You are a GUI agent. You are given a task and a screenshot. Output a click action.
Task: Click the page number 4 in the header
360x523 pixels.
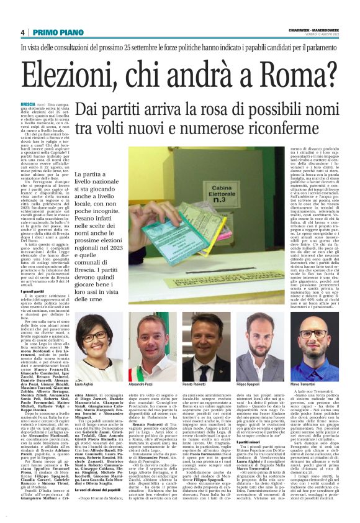(x=22, y=32)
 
